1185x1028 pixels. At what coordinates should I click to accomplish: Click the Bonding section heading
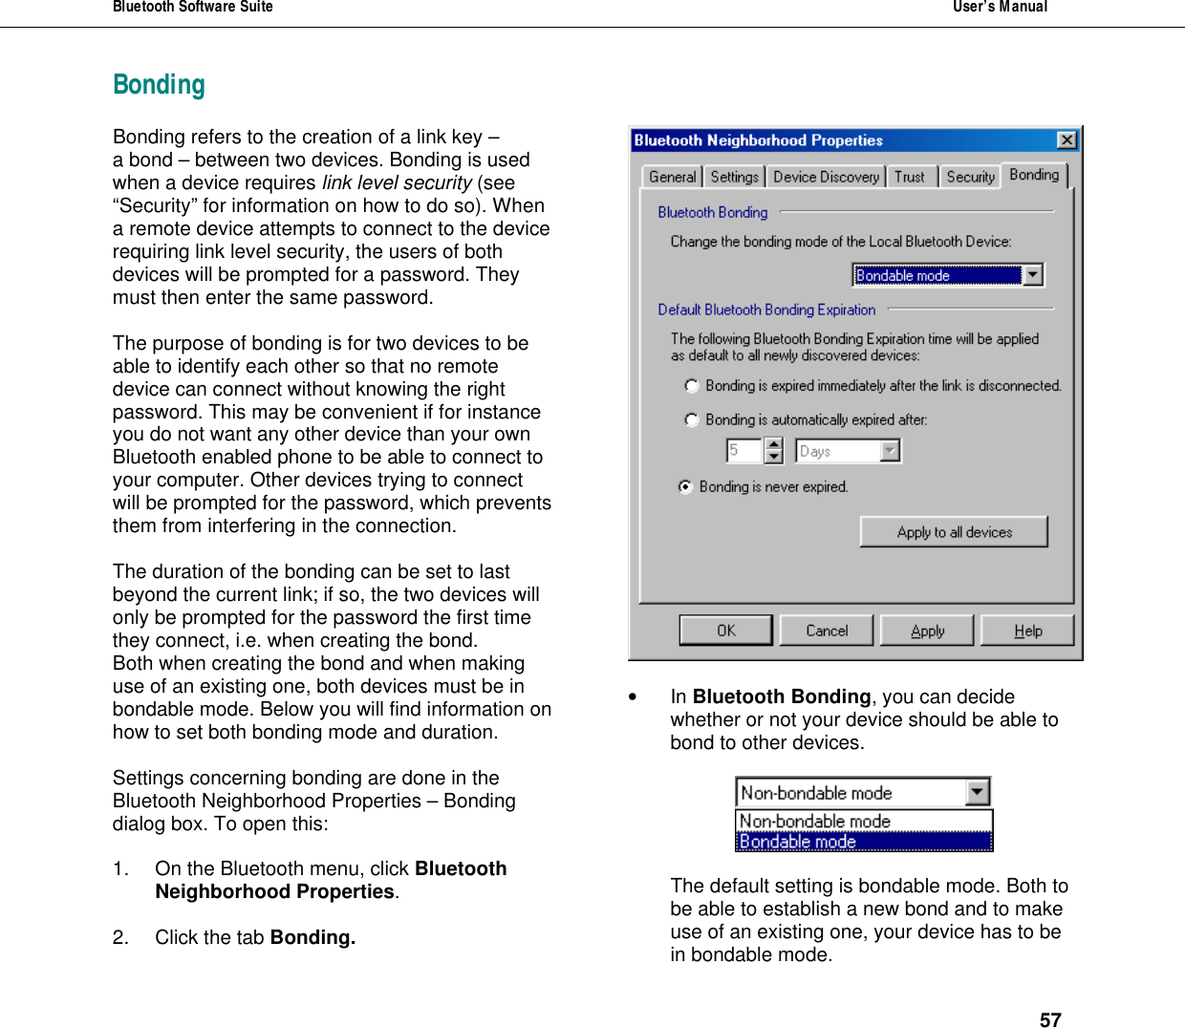click(159, 85)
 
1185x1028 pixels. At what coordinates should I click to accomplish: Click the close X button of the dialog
click(1066, 140)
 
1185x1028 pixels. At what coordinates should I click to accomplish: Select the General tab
click(672, 177)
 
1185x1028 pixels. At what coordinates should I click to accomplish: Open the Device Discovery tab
click(826, 177)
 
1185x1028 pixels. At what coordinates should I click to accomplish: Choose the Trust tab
click(910, 177)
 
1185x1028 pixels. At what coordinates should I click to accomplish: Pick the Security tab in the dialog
click(970, 177)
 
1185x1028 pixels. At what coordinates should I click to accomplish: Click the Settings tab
click(734, 177)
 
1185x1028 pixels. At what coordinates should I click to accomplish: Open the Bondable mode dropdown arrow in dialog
click(1032, 275)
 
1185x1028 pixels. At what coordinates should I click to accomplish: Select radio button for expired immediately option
click(692, 386)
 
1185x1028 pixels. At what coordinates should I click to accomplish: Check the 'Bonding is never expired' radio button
click(685, 486)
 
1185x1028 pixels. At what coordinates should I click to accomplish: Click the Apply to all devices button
click(954, 532)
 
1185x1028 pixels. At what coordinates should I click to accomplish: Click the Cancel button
click(827, 631)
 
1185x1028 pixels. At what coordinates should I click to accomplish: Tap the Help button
click(1027, 631)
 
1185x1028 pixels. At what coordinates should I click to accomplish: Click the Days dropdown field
click(848, 451)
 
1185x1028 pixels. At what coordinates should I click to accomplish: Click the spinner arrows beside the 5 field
click(774, 451)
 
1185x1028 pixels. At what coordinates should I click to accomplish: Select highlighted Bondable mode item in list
click(864, 842)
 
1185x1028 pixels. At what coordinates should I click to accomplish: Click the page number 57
click(1050, 1019)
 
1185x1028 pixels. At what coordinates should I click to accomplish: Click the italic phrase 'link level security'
click(397, 182)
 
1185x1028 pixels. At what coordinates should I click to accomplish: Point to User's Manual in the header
click(1000, 7)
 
